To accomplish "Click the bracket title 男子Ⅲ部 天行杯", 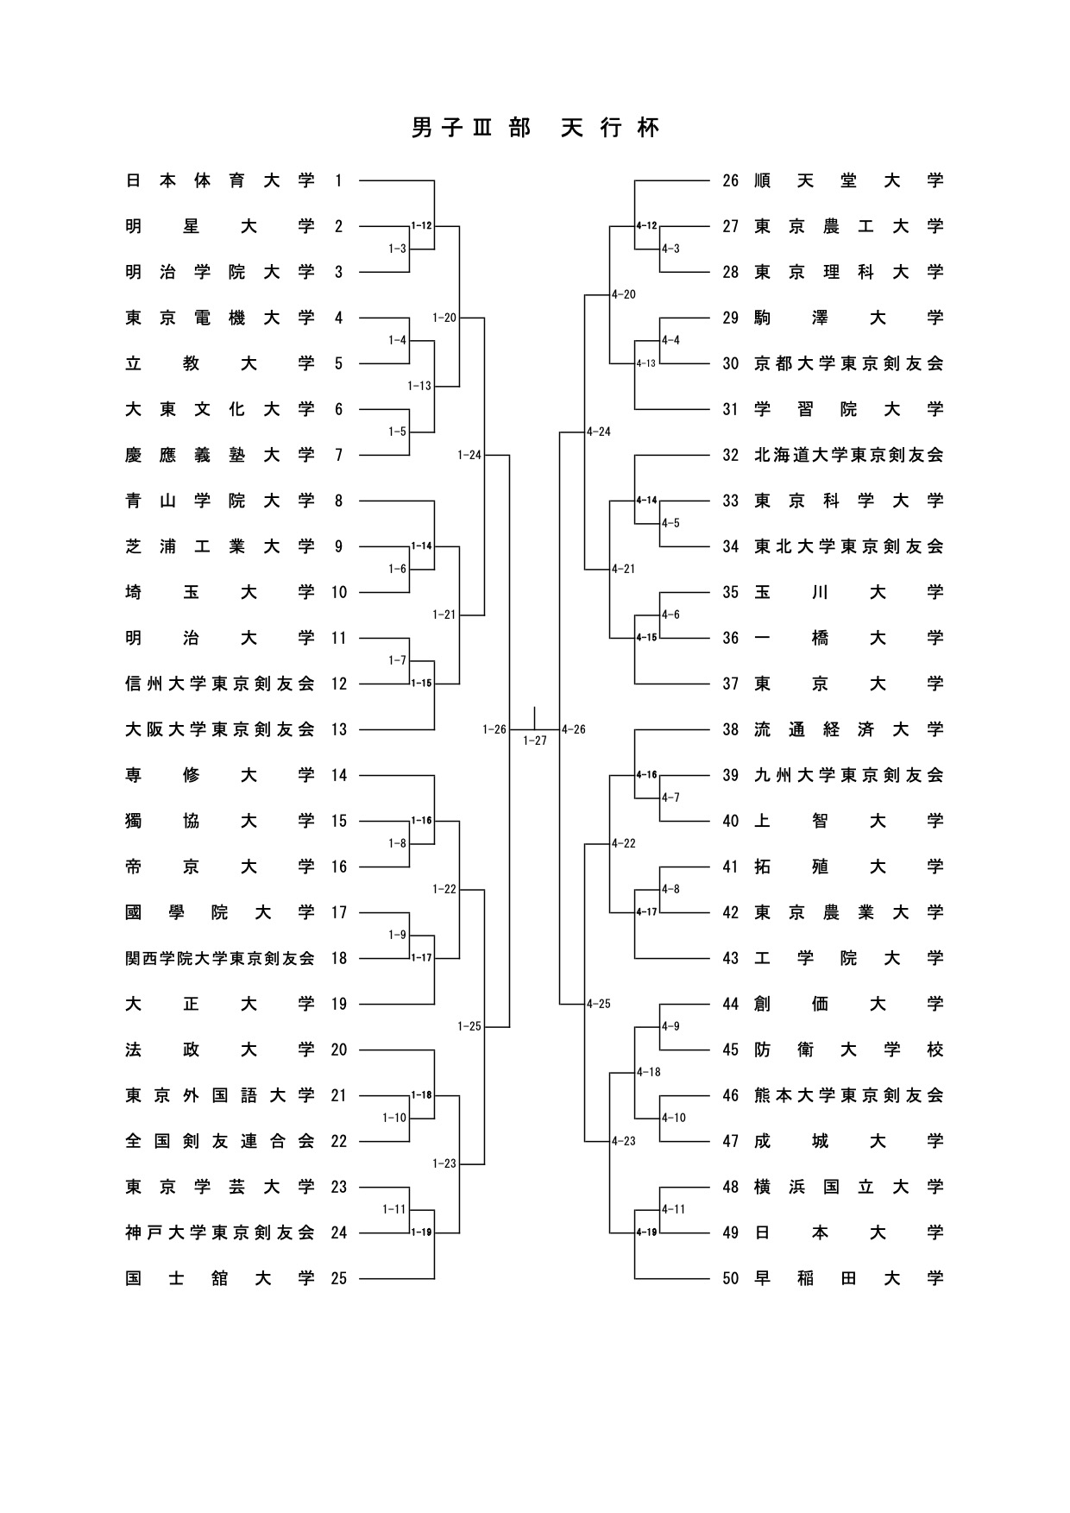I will tap(535, 129).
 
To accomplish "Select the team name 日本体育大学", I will tap(220, 180).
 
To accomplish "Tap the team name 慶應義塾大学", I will tap(220, 455).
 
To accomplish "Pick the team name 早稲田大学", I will tap(849, 1278).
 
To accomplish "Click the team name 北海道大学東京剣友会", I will tap(849, 455).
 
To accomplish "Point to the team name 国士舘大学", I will tap(220, 1278).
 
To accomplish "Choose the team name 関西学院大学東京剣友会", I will tap(220, 958).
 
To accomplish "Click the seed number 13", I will tap(338, 729).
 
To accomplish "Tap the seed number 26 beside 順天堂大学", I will tap(731, 180).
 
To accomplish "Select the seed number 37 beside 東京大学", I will tap(731, 684).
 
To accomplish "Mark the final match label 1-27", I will tap(535, 741).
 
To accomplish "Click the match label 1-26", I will tap(494, 729).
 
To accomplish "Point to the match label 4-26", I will tap(574, 729).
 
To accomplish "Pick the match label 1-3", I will tap(397, 249).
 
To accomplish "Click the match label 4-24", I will tap(598, 432).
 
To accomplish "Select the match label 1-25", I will tap(469, 1026).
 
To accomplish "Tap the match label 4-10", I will tap(674, 1118).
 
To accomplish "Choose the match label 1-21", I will tap(444, 615).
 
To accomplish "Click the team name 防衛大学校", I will tap(849, 1050).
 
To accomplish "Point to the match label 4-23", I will tap(623, 1141).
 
